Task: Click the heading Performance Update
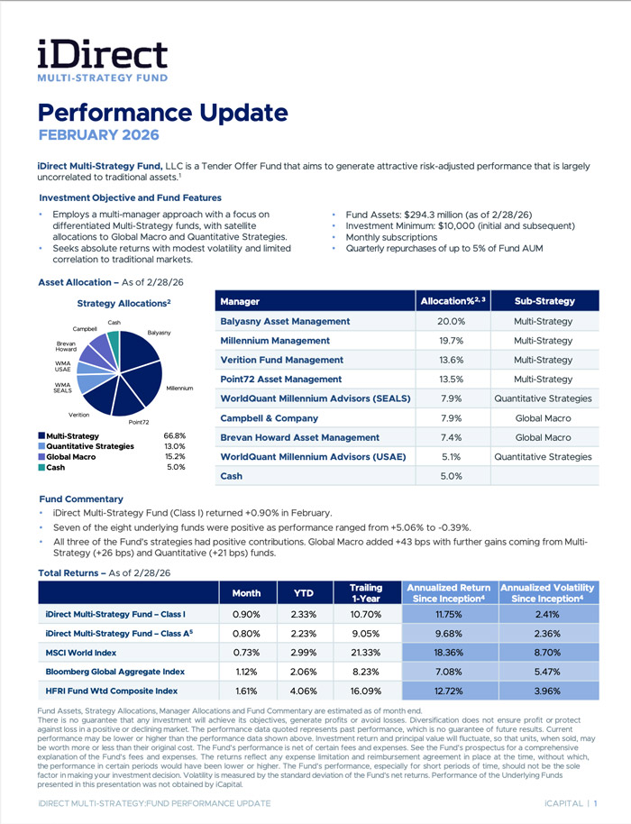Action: [162, 114]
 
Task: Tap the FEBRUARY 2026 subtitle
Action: [98, 135]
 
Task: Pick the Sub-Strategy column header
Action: [544, 300]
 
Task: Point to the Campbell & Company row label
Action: [269, 418]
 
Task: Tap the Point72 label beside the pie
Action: [139, 422]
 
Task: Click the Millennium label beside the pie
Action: [179, 389]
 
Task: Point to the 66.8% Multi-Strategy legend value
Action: [175, 435]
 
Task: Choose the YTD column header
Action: [303, 593]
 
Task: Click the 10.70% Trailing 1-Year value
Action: [365, 614]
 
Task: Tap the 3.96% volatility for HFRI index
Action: [548, 691]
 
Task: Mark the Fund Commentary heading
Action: [81, 499]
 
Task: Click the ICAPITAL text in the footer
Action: [559, 802]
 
